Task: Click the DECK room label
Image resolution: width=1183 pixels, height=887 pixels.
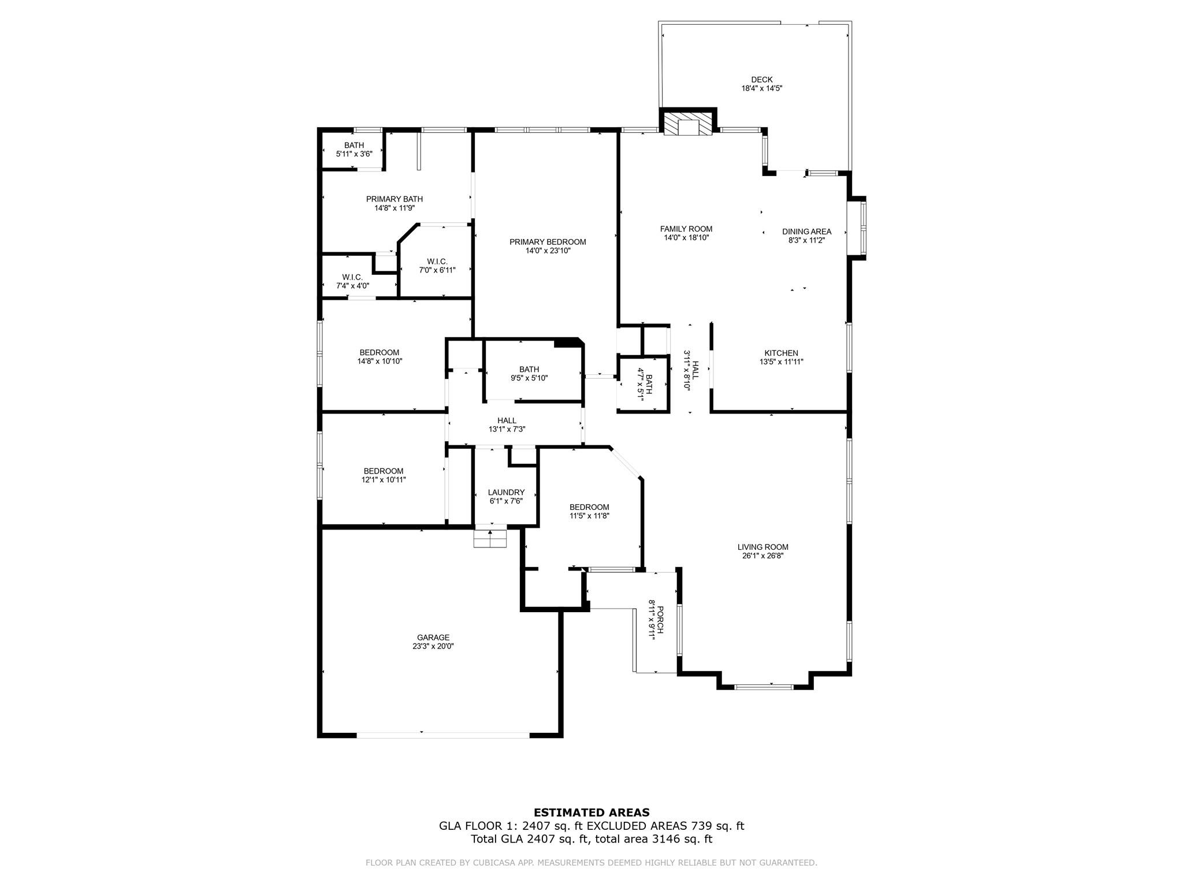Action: click(761, 80)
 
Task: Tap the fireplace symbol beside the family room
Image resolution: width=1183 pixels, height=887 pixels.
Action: click(687, 124)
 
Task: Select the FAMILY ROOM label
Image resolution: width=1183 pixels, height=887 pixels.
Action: click(686, 229)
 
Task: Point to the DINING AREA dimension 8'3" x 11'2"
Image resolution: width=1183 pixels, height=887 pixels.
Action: click(806, 241)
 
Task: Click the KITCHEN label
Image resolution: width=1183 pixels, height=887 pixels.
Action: click(781, 353)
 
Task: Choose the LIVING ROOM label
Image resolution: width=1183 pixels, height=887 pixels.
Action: click(762, 547)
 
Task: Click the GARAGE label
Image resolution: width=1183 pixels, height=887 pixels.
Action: click(433, 638)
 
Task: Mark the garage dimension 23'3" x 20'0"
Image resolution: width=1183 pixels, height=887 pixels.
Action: click(433, 647)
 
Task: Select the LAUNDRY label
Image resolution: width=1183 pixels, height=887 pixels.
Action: click(506, 493)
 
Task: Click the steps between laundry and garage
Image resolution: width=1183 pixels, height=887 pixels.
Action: click(490, 538)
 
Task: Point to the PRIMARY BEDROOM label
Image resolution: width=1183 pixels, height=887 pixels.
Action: click(548, 242)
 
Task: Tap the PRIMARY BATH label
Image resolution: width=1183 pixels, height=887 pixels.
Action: click(395, 199)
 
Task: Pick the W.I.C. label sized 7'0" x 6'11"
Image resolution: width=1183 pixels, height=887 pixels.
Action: click(437, 262)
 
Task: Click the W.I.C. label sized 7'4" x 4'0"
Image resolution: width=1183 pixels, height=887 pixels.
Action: click(352, 277)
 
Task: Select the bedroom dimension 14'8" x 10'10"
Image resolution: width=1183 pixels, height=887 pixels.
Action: click(380, 361)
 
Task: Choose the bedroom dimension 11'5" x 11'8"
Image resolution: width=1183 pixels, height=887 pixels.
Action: click(589, 516)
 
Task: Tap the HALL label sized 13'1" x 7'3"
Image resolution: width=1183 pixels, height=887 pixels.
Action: click(507, 420)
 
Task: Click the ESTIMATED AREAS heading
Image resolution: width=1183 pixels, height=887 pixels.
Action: click(591, 813)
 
